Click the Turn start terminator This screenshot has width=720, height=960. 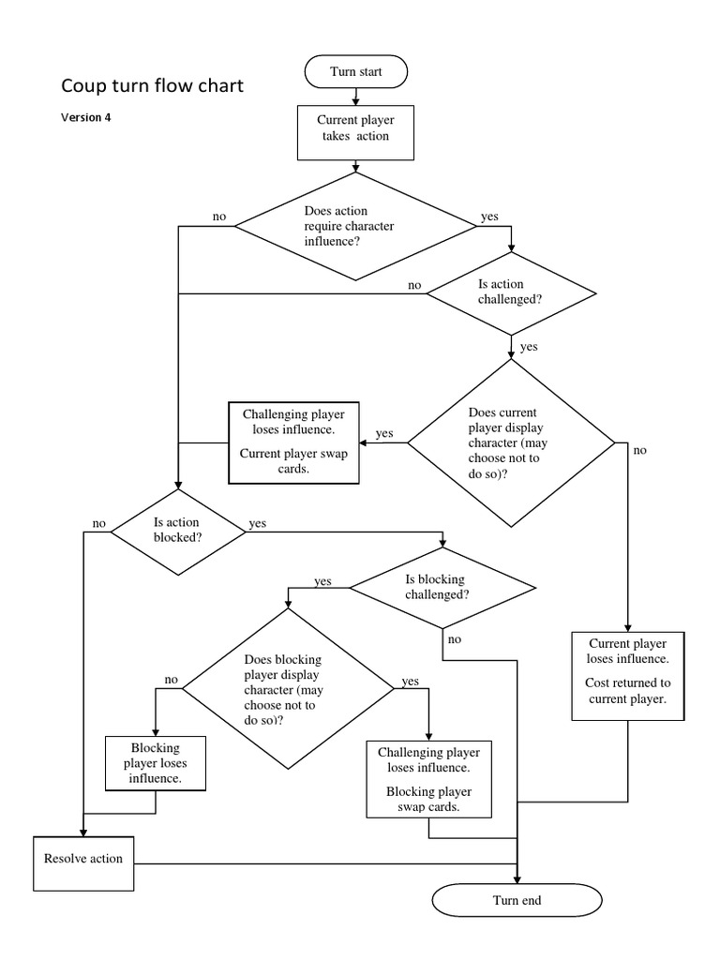click(355, 71)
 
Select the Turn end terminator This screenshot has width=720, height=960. click(517, 901)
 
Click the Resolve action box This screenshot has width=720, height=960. click(83, 859)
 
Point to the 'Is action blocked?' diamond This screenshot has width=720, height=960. click(177, 531)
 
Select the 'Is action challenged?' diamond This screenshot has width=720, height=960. click(511, 292)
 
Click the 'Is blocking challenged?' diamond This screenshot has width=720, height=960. click(442, 588)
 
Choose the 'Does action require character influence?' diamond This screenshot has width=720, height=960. click(355, 226)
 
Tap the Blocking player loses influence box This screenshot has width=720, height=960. click(155, 764)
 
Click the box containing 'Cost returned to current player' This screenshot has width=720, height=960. click(628, 675)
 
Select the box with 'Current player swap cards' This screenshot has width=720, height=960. click(294, 443)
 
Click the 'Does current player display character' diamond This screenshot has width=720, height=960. click(511, 442)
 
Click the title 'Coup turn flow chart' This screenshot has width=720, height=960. click(152, 86)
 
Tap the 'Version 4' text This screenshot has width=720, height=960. click(87, 118)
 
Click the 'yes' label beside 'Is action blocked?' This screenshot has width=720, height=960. click(258, 523)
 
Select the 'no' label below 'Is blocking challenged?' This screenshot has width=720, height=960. click(454, 639)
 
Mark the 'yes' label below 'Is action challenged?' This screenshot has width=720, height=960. click(529, 347)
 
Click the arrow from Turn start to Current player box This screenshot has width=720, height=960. click(355, 96)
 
